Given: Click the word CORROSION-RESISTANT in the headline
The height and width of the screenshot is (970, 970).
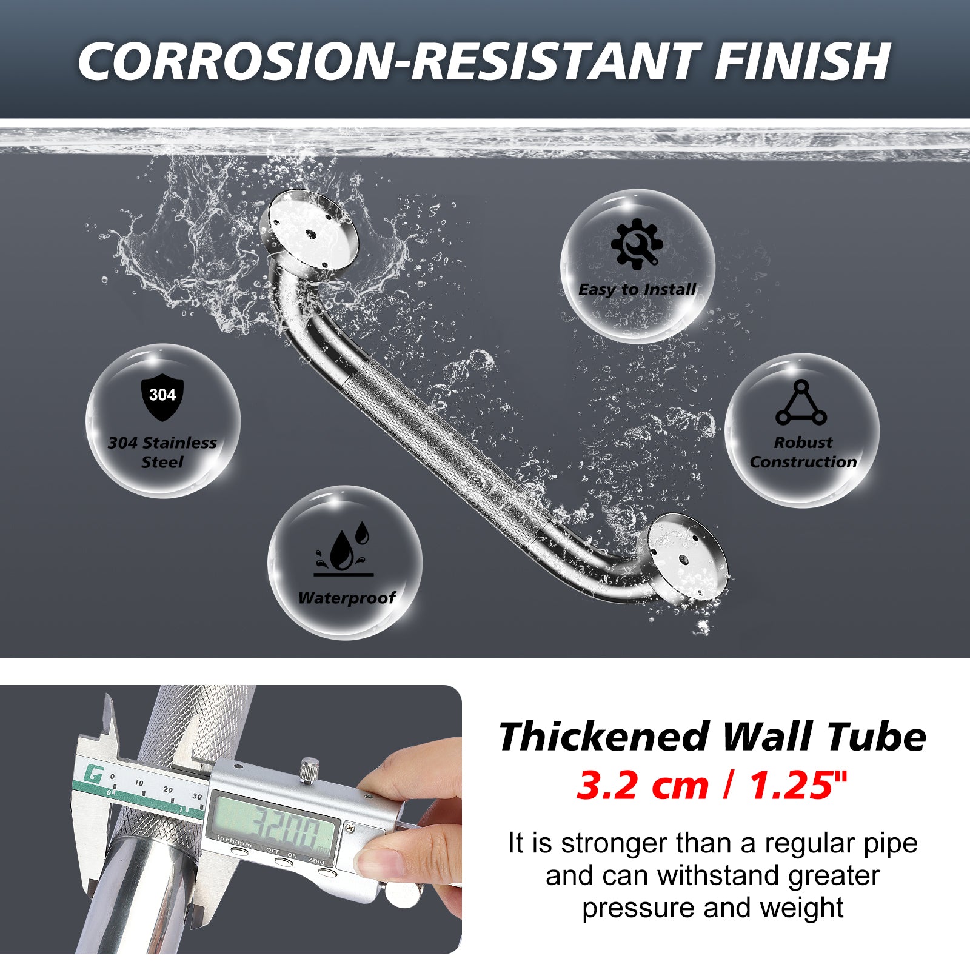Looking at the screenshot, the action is [386, 61].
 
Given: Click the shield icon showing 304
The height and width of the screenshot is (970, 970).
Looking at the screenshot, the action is [162, 398].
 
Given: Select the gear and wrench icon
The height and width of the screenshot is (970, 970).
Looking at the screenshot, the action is [637, 244].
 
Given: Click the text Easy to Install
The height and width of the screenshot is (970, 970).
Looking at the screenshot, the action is [637, 290].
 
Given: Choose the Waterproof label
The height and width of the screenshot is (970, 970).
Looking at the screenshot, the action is [347, 598].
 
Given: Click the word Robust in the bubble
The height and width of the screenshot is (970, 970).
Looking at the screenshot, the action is [803, 443].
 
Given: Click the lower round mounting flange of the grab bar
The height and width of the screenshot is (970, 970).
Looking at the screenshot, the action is [687, 557].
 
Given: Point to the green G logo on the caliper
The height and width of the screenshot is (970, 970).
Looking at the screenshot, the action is [93, 774].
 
